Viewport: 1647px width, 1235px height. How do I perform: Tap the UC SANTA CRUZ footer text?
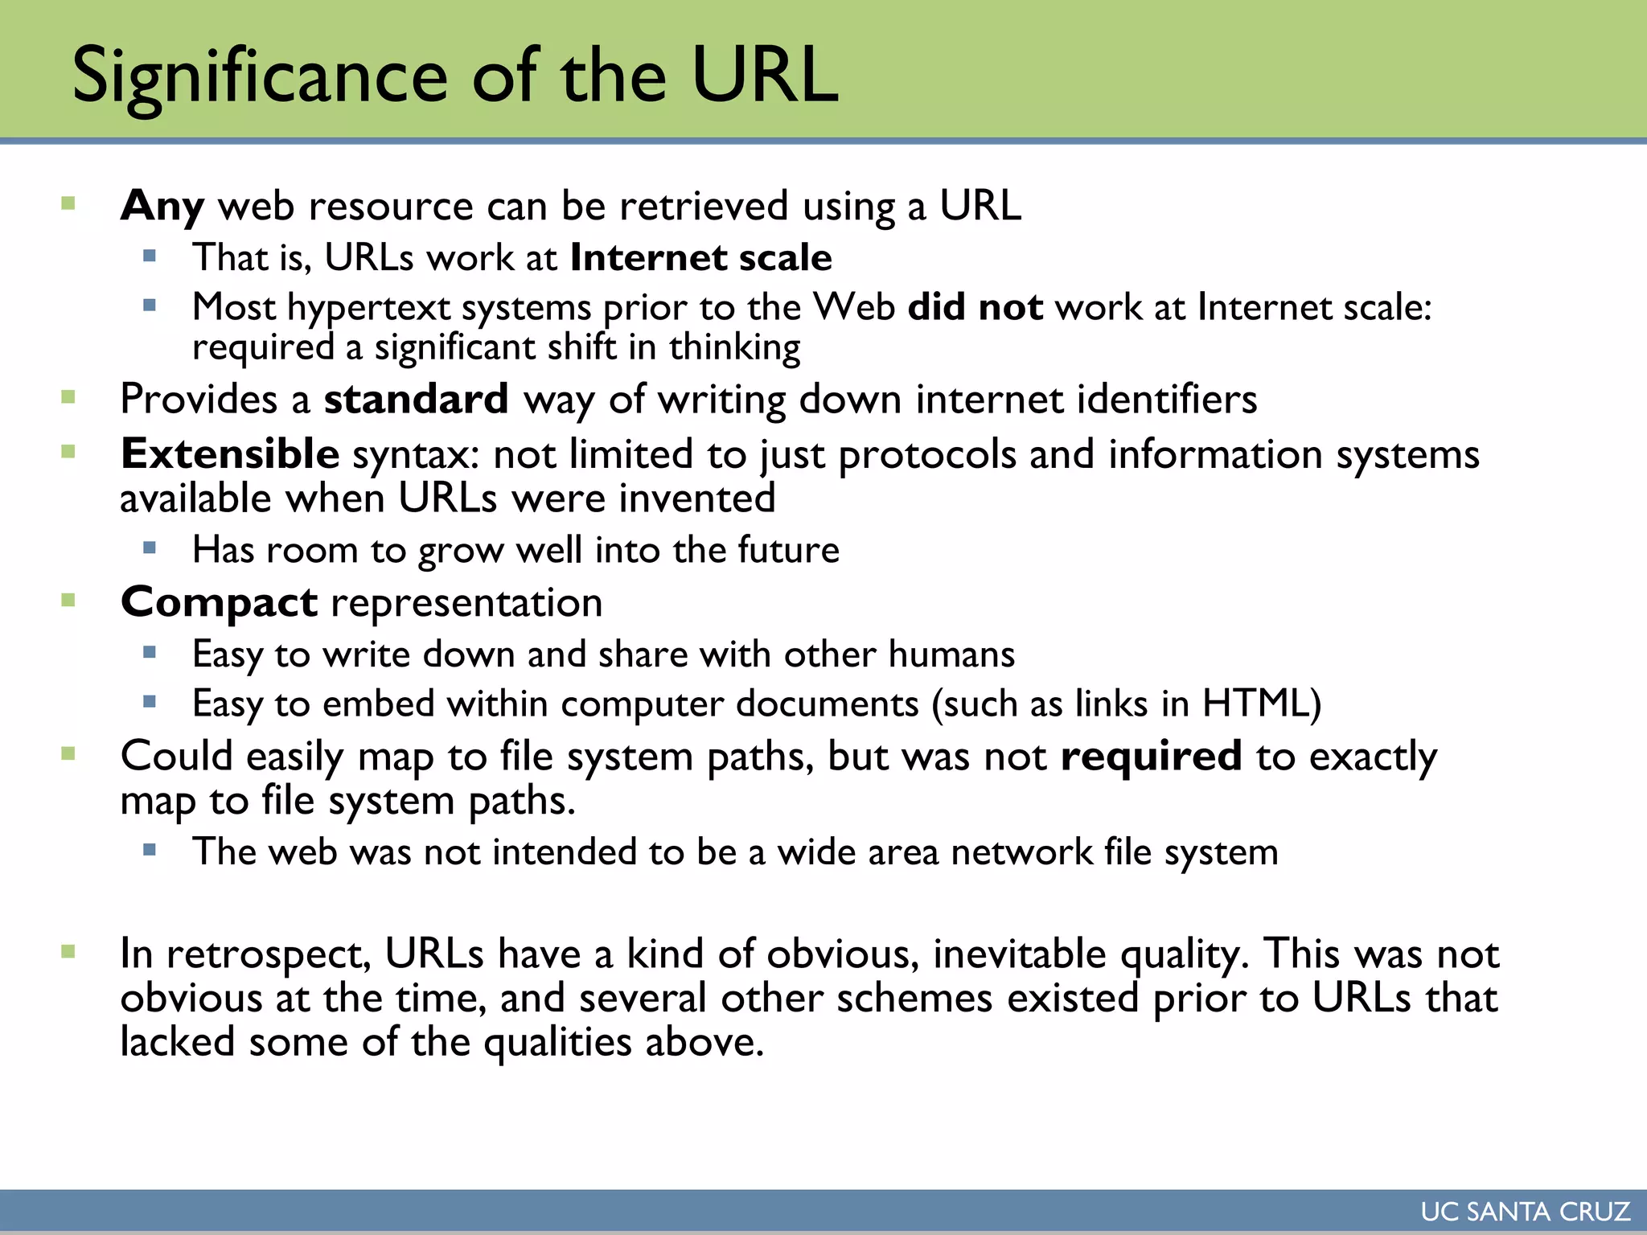[1526, 1212]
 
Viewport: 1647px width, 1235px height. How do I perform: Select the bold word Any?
[162, 206]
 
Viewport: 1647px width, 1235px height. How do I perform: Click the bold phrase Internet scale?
[700, 257]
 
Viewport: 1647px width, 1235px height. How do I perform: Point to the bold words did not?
[975, 307]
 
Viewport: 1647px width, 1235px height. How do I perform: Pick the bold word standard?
[416, 400]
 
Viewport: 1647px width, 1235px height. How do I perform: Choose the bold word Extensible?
[230, 454]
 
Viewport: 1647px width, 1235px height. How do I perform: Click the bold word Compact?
[219, 602]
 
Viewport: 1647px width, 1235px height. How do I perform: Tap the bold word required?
[1151, 757]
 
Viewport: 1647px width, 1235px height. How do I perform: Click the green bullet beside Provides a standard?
[68, 396]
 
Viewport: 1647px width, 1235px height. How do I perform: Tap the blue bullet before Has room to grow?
[150, 548]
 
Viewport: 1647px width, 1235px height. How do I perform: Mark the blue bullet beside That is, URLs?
[150, 256]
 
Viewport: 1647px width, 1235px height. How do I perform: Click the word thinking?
[734, 348]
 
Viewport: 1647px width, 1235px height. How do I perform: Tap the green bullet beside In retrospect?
[68, 953]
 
